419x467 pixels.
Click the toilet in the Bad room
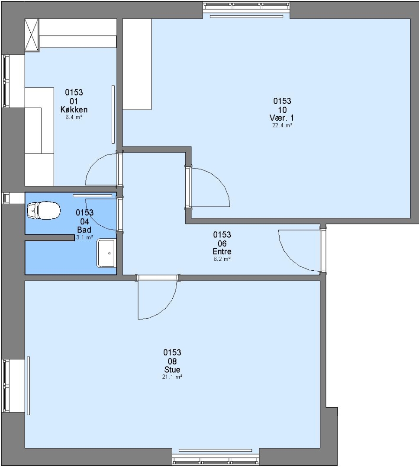[x=44, y=211]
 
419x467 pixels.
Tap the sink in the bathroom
[x=106, y=253]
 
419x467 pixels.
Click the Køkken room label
[x=74, y=109]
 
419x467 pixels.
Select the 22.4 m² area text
[x=282, y=125]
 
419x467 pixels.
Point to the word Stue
[x=172, y=370]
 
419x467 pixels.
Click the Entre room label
[x=222, y=251]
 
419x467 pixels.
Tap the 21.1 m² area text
[x=172, y=377]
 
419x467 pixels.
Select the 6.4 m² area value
[x=74, y=117]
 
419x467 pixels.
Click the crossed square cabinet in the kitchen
[x=32, y=35]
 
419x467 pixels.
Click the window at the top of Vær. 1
[x=246, y=6]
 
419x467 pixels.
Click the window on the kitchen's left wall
[x=6, y=81]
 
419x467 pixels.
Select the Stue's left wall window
[x=6, y=386]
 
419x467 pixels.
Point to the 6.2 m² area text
[x=222, y=259]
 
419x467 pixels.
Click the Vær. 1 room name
[x=282, y=118]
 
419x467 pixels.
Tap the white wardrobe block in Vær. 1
[x=137, y=64]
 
